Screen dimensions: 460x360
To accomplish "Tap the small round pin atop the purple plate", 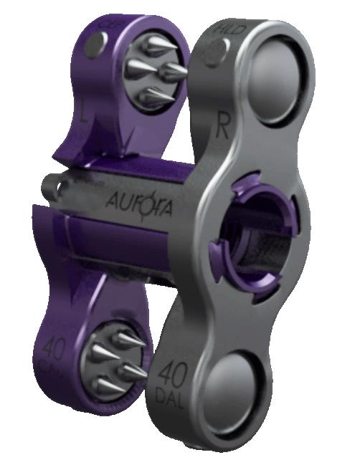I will (x=91, y=47).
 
